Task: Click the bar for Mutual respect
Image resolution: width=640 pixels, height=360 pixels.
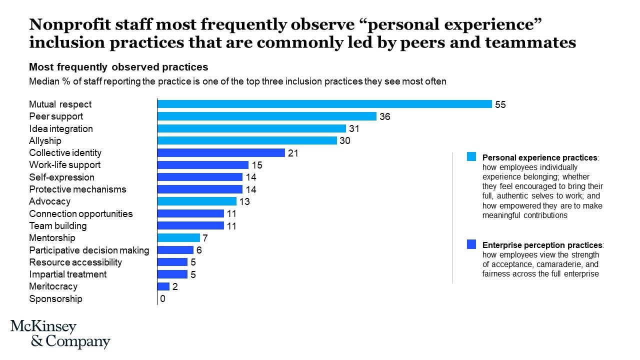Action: [324, 104]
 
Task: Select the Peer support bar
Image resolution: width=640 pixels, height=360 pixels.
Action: [266, 116]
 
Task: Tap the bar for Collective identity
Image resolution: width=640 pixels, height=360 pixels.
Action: [221, 153]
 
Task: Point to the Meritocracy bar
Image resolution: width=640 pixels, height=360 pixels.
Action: [163, 286]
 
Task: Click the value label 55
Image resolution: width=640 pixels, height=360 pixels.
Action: [500, 104]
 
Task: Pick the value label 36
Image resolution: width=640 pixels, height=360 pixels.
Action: [384, 116]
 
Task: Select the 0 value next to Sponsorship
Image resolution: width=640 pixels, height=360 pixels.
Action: [162, 299]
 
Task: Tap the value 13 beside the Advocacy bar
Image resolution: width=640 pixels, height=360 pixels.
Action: [244, 202]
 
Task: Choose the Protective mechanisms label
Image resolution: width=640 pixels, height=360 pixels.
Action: [77, 189]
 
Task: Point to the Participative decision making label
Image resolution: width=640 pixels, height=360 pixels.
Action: [89, 250]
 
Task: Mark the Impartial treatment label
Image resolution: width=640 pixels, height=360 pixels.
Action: [67, 274]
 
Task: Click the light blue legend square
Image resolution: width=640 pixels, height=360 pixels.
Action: [471, 157]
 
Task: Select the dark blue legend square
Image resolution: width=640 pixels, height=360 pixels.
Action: [471, 244]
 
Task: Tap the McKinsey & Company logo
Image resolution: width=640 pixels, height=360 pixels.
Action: [60, 334]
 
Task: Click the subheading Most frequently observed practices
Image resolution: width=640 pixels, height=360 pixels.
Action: [118, 67]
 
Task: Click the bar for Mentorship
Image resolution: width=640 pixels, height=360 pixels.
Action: [178, 238]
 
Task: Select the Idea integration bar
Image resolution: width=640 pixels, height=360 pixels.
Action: [251, 128]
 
